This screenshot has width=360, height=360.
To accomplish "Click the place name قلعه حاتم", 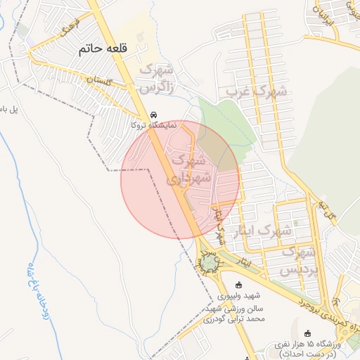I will tap(104, 50).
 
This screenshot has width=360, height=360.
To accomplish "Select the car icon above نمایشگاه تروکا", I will tap(154, 115).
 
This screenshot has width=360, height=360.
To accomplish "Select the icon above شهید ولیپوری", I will tap(238, 285).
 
